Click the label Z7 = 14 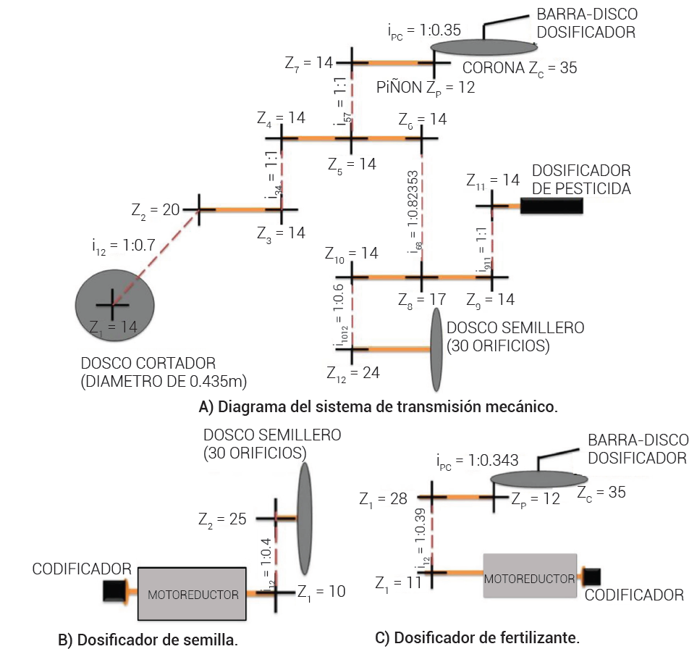coord(309,63)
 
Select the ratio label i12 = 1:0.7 coord(123,246)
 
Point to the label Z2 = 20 coord(156,210)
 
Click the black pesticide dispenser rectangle coord(551,205)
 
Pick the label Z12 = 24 coord(352,373)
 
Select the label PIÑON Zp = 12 coord(418,88)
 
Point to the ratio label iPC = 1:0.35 coord(424,31)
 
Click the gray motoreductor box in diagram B coord(192,593)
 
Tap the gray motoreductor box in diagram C coord(530,576)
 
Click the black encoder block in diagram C coord(592,576)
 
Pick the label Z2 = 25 coord(222,519)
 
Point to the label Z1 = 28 coord(384,498)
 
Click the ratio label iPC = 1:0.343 coord(478,461)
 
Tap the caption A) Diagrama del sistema coord(378,406)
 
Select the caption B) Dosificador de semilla coord(148,640)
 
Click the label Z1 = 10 coord(321,592)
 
